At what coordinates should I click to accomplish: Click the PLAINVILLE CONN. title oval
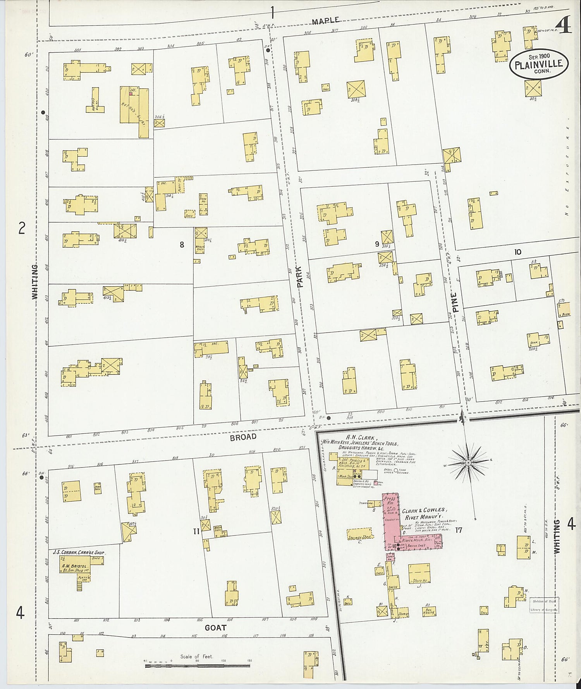[539, 64]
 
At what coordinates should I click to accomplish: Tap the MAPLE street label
[325, 21]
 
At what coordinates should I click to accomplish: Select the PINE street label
[455, 302]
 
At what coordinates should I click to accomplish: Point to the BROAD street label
[243, 437]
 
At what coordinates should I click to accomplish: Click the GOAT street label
[215, 628]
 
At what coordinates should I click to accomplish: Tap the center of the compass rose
[468, 463]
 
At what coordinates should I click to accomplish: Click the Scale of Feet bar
[198, 666]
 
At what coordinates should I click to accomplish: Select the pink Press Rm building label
[389, 502]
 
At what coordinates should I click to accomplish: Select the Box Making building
[428, 611]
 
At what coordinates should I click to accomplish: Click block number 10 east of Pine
[517, 252]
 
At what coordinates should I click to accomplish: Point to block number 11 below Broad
[196, 531]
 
